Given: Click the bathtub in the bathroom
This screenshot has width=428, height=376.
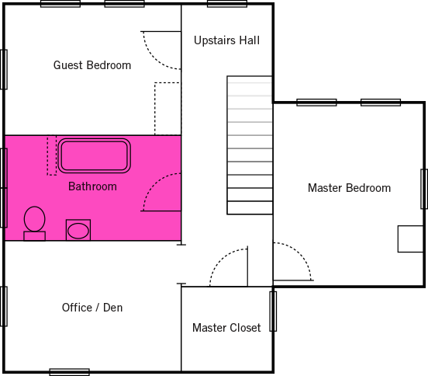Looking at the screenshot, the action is pos(94,156).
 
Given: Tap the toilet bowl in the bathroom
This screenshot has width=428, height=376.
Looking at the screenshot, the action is pos(34,219).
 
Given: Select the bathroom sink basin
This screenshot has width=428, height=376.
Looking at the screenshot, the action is pos(78,231).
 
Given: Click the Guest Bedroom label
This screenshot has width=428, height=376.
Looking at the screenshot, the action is pos(92,65).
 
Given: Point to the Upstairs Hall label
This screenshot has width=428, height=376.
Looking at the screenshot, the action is pos(226,40).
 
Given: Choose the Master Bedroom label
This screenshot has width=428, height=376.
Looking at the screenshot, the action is pos(349,188).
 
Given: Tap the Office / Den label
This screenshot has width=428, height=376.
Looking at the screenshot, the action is pos(92,308).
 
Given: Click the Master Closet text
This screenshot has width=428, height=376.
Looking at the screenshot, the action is pos(226,328).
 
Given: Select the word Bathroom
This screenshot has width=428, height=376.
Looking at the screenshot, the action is pos(92,186).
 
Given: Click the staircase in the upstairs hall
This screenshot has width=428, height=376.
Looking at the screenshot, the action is pos(250,145).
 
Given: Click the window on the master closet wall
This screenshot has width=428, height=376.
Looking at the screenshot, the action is pos(273,312).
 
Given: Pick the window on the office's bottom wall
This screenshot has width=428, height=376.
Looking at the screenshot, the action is pos(69,372).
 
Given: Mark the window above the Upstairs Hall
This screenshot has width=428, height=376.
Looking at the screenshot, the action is pos(227,4).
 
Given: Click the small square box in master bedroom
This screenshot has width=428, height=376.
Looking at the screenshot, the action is pos(410,239).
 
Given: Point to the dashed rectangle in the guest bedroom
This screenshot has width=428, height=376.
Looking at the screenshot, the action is pos(154,109).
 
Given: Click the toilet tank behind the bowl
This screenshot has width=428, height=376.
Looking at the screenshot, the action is pos(34,236).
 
